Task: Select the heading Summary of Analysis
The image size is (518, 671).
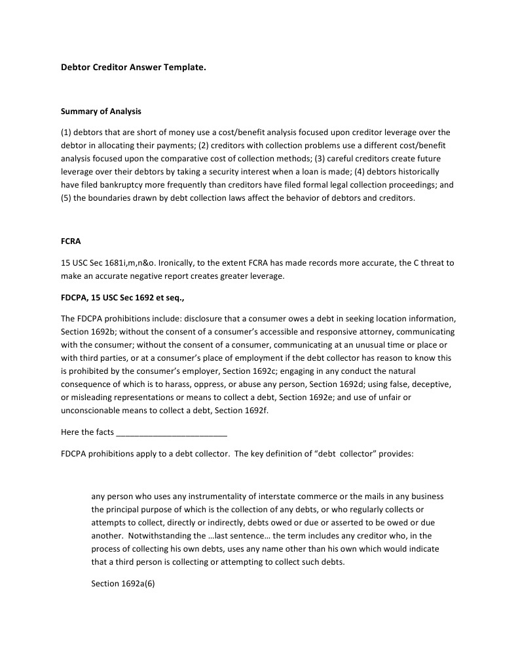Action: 101,112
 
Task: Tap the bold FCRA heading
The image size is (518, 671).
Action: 71,241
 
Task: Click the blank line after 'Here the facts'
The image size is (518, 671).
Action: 171,433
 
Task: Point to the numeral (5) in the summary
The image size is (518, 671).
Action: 66,198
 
